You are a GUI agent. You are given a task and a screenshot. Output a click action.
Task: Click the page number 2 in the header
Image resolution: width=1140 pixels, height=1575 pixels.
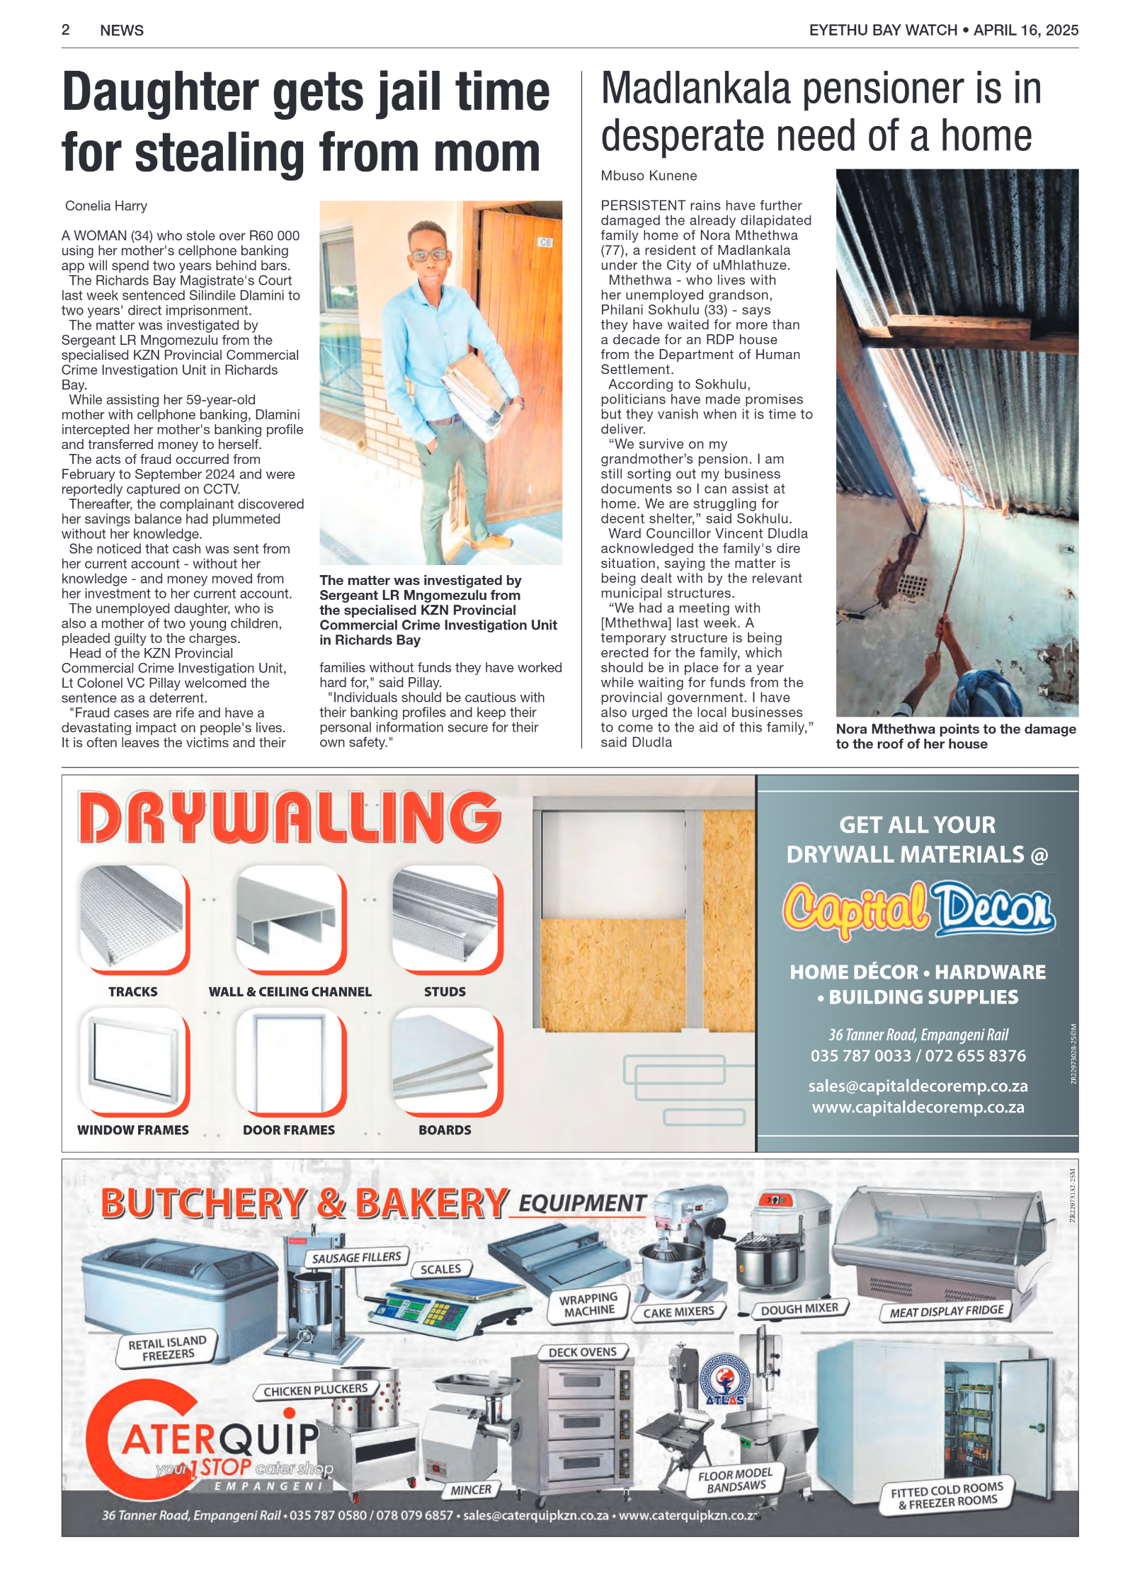(x=66, y=30)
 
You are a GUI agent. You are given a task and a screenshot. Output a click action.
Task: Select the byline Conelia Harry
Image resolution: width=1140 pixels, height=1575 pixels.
(x=106, y=206)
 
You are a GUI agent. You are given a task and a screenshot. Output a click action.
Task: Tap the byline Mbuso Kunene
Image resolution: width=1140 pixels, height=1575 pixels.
(x=649, y=176)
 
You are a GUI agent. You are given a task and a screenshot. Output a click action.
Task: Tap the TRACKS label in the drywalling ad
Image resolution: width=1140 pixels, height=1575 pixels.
(x=133, y=991)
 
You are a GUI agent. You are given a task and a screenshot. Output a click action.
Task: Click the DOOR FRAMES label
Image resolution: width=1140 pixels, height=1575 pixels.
(x=289, y=1130)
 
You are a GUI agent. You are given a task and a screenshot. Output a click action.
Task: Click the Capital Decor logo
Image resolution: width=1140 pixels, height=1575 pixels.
(x=918, y=909)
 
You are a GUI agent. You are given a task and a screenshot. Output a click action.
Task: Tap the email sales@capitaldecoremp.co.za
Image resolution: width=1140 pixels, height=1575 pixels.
(x=918, y=1086)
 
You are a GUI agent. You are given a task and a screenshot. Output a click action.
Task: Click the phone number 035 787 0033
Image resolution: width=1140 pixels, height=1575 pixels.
(x=860, y=1056)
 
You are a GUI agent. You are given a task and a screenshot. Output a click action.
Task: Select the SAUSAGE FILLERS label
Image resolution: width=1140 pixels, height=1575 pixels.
(x=356, y=1257)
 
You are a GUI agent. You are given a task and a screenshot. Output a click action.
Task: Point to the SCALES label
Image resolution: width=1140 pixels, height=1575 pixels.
(x=440, y=1269)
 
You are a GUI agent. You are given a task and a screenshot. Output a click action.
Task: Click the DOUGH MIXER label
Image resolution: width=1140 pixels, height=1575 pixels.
(x=799, y=1309)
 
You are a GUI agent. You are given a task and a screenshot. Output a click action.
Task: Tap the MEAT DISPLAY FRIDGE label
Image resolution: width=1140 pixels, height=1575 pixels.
(x=947, y=1311)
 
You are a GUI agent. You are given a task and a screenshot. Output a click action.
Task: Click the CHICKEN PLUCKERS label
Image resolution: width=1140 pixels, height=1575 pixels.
(x=315, y=1390)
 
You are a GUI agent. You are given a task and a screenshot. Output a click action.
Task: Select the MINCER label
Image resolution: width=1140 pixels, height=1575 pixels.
(x=471, y=1489)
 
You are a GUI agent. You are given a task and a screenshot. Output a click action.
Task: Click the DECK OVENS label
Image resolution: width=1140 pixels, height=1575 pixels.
(x=583, y=1352)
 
